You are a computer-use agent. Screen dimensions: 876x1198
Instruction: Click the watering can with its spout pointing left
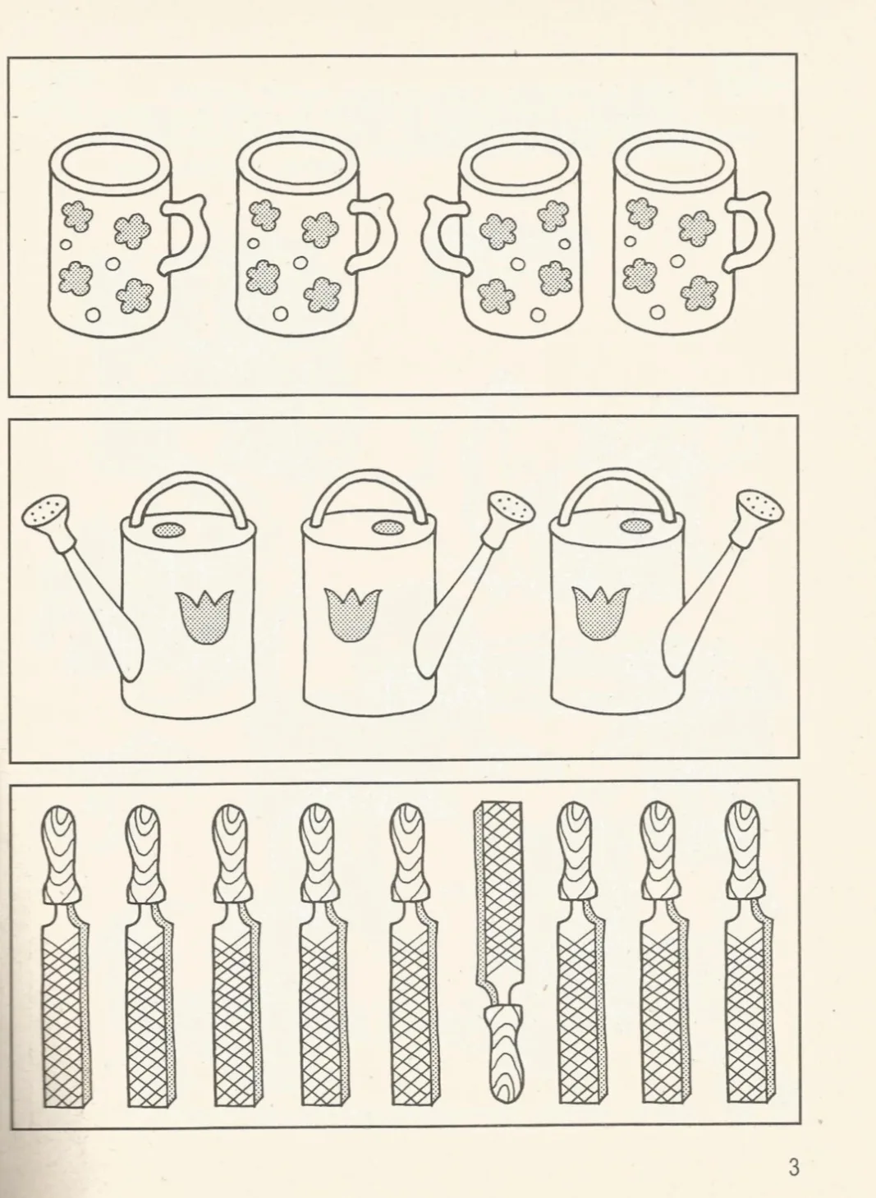[x=139, y=594]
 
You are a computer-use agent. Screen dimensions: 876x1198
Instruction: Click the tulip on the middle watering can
[x=354, y=614]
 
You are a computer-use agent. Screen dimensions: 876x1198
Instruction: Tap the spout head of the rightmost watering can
[x=760, y=507]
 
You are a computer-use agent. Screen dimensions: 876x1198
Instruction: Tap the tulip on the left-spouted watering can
[x=204, y=617]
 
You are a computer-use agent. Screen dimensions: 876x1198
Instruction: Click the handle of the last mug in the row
[x=750, y=232]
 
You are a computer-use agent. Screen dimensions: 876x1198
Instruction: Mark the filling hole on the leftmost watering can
[x=169, y=530]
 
